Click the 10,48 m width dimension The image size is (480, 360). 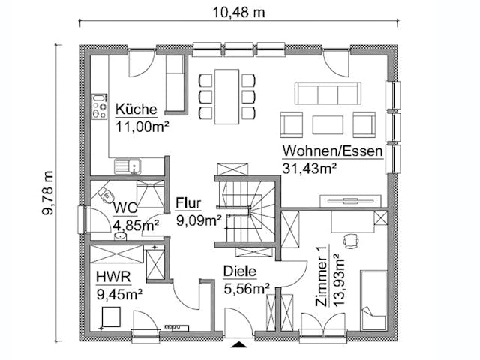[238, 13]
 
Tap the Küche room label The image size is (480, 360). [136, 110]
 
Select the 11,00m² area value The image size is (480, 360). [142, 126]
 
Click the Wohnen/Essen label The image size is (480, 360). [332, 151]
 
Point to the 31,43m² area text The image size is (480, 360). [308, 169]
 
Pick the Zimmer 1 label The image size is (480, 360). [322, 277]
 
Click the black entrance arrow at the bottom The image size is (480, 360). [239, 345]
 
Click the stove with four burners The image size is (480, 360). [100, 108]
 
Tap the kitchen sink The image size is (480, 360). [124, 166]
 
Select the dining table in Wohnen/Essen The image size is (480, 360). [226, 96]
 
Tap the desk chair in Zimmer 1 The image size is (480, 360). [349, 239]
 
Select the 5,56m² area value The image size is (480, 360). [247, 287]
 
